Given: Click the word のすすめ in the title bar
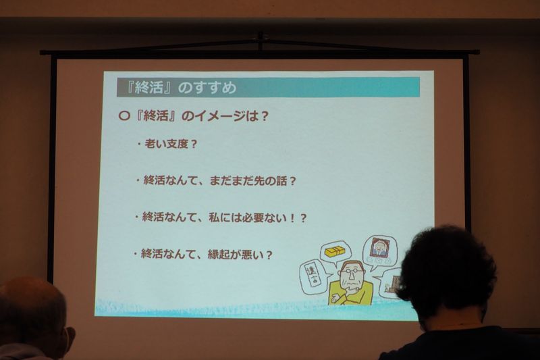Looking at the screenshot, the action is coord(208,88).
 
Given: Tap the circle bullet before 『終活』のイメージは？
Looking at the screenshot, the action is coord(124,115).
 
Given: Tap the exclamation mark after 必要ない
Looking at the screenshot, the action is coord(292,218).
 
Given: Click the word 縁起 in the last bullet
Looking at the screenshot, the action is coord(219,255).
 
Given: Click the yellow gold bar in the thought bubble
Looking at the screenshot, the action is coord(333,252).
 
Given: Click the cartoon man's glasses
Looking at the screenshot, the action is coord(350,272).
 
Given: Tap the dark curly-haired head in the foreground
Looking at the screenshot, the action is coord(447,272).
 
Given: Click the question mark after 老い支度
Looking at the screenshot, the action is coord(194,145).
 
